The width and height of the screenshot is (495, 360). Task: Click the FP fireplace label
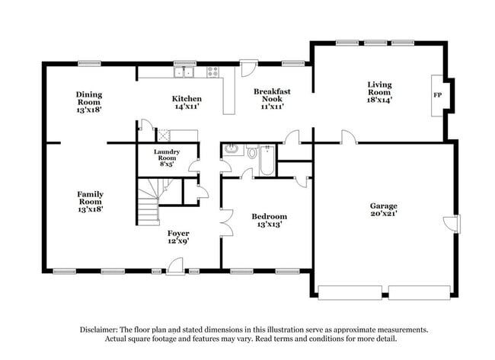tap(437, 95)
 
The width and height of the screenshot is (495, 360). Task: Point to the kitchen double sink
tap(183, 73)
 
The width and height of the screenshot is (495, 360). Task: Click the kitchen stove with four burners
tap(212, 73)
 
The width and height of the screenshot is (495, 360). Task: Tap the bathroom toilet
tap(252, 152)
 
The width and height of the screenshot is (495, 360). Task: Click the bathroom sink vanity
tap(231, 149)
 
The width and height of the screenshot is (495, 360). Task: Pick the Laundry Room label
tap(166, 158)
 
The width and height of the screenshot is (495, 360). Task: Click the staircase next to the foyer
tap(148, 201)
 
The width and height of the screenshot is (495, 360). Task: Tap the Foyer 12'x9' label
tap(178, 237)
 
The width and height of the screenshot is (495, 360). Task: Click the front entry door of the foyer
tap(175, 266)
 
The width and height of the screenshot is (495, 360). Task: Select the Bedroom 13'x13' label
tap(270, 221)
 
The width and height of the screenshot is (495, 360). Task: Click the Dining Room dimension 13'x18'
tap(89, 110)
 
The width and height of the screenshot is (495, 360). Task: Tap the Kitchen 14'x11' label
tap(187, 104)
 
